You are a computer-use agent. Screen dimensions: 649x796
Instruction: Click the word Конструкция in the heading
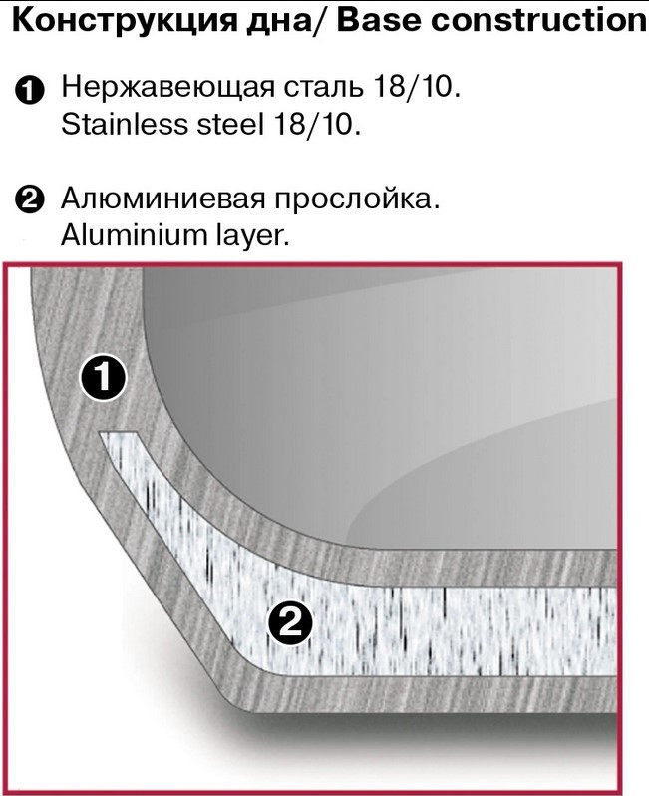click(x=125, y=21)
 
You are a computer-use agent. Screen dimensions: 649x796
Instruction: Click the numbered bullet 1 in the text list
click(x=30, y=91)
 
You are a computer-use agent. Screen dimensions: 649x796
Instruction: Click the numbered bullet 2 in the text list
click(x=30, y=200)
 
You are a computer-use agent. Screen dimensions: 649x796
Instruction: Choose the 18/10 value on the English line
click(x=317, y=124)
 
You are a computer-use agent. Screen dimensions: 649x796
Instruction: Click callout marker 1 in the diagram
click(x=103, y=377)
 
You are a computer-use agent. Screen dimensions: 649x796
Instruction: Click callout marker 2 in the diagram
click(x=290, y=622)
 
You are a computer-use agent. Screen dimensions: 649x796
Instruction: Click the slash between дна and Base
click(x=320, y=21)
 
